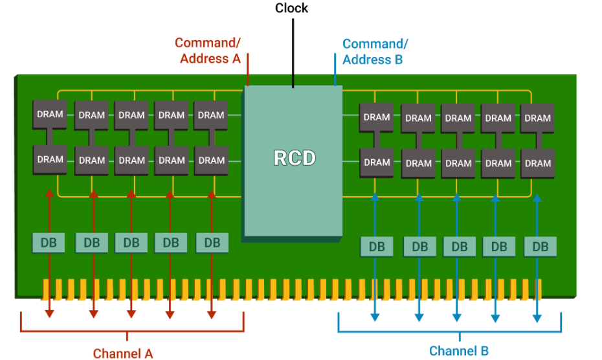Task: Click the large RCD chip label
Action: tap(295, 158)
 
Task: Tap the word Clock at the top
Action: tap(291, 8)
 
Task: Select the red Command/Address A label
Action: tap(208, 51)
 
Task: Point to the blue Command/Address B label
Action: tap(375, 52)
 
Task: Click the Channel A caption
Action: tap(123, 354)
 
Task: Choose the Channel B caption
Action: tap(459, 351)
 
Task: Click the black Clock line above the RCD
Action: tap(293, 53)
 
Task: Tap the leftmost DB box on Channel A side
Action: tap(49, 243)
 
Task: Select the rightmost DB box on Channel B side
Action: tap(541, 247)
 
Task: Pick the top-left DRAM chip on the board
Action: tap(50, 115)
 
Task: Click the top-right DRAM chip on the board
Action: tap(537, 118)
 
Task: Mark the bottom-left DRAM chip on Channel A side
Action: tap(50, 160)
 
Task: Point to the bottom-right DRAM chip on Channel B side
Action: tap(537, 164)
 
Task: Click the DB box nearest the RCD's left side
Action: tap(212, 243)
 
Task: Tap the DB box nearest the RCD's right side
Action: tap(377, 247)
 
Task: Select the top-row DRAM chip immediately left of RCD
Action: tap(211, 115)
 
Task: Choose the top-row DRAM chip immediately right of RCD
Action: tap(376, 118)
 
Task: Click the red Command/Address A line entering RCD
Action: tap(248, 69)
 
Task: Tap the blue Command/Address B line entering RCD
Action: tap(335, 69)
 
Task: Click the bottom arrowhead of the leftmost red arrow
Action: tap(49, 313)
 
